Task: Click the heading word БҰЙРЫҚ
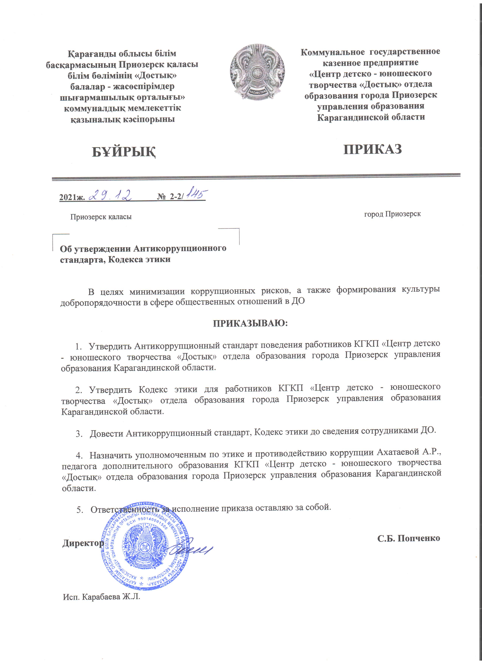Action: (x=124, y=152)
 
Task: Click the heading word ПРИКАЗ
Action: (x=372, y=149)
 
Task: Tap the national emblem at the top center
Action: (x=257, y=72)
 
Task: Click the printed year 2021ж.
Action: (x=72, y=197)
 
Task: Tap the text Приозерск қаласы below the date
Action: (x=101, y=217)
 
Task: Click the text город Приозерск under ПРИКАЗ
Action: (x=392, y=214)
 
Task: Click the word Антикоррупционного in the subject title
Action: (x=180, y=249)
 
